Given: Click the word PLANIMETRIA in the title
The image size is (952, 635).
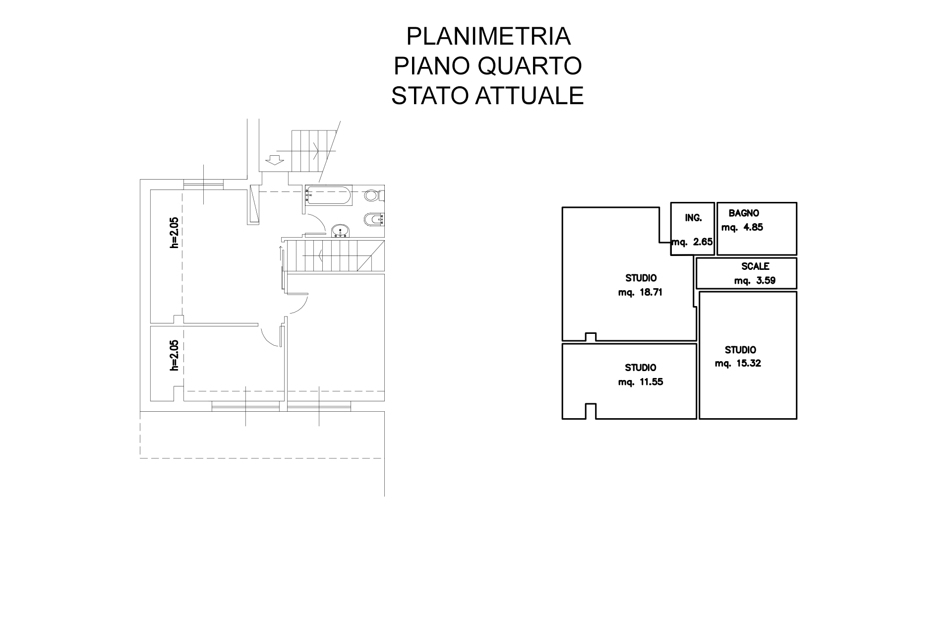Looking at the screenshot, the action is point(488,36).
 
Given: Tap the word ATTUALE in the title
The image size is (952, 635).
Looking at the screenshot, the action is point(530,96).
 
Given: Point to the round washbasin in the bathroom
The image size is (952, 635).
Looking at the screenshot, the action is point(340,230).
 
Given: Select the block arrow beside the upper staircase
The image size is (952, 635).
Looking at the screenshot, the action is point(274,160).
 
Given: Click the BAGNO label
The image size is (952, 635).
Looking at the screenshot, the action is point(744,213).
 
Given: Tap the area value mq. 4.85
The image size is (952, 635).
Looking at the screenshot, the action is point(742,228).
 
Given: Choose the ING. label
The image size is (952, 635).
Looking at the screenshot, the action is point(693,218).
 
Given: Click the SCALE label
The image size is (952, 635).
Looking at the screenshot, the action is point(755,266).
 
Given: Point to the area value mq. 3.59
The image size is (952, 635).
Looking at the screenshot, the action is point(755,280).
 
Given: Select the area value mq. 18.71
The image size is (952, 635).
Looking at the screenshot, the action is point(640,292).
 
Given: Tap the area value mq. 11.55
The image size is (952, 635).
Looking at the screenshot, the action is point(640,382).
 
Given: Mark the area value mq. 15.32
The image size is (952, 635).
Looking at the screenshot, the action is point(738,364).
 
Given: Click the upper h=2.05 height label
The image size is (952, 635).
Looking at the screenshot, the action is point(174,233).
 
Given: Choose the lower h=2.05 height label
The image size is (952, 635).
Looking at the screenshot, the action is point(174,355).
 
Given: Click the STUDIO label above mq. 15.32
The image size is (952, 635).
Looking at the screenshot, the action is point(740,350).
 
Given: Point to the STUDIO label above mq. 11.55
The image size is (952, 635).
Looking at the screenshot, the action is point(640,368).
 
